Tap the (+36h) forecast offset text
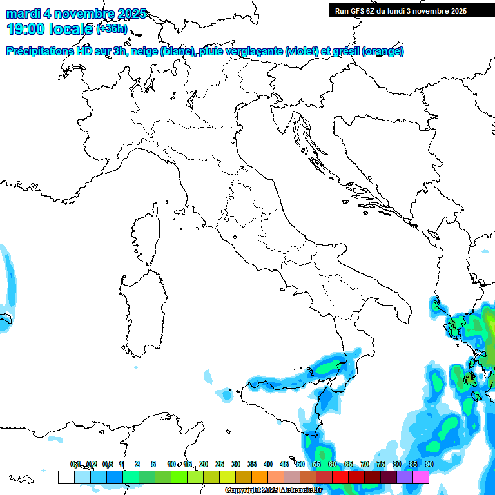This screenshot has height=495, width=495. coord(113,29)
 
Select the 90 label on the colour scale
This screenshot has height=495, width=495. coord(429,464)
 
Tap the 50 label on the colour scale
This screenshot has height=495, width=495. coord(300,464)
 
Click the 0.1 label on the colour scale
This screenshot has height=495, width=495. coord(75,464)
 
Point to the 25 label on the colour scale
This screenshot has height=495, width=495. coord(220,464)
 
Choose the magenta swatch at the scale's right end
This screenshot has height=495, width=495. coord(421,477)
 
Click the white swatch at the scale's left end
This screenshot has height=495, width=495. coord(66,477)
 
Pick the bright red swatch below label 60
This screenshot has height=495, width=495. coord(340,477)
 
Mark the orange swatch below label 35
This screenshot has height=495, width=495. coord(260,477)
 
